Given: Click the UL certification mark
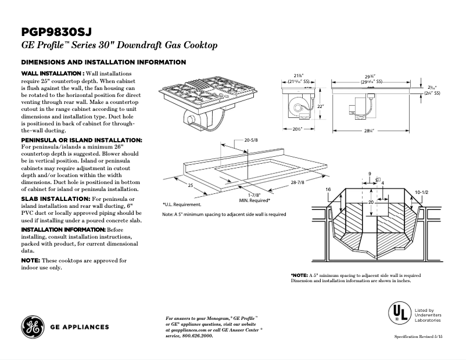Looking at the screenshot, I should tap(399, 314).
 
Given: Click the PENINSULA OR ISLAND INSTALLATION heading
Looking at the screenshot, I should tap(81, 141).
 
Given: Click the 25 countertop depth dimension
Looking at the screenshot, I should tap(190, 185).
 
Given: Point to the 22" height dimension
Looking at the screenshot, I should tap(319, 106).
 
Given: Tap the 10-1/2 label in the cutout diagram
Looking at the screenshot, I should tap(422, 191).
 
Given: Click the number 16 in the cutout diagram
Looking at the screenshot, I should tap(328, 190).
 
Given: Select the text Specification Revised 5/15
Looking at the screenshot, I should tap(418, 337).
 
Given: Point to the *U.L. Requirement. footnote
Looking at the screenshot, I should tap(182, 204).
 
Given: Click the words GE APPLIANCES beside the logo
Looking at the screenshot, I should tap(80, 327).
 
